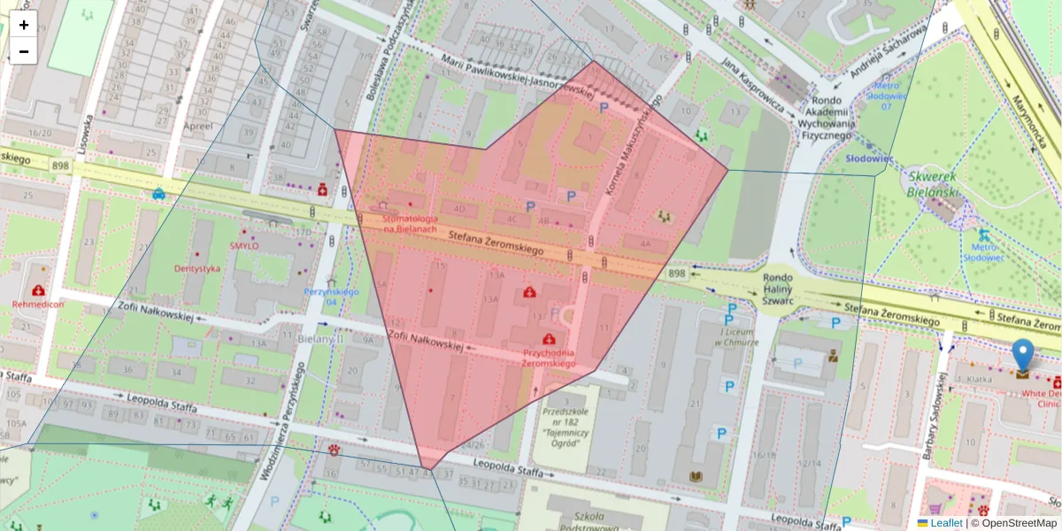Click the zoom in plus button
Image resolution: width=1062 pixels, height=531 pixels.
point(24,25)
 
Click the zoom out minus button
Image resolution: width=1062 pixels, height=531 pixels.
point(24,51)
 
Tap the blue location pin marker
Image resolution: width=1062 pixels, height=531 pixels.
point(1022,356)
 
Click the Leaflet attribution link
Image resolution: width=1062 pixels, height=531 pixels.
point(945,523)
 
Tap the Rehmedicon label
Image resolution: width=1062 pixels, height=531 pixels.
point(38,304)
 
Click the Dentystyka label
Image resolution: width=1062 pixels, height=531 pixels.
point(196,268)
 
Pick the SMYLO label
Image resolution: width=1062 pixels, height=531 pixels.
point(243,245)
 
